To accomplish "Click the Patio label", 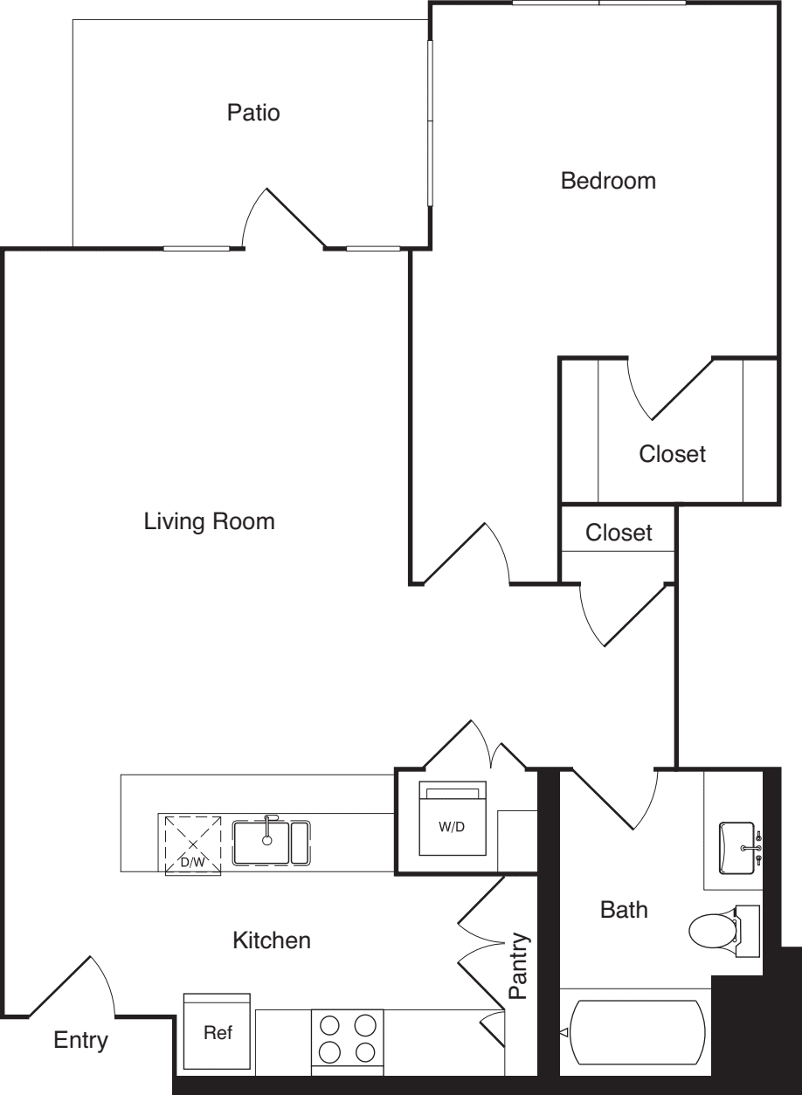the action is [x=253, y=113].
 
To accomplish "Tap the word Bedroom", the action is [x=608, y=182].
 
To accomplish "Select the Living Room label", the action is [x=210, y=521].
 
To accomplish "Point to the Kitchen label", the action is [x=272, y=940].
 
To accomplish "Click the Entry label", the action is [x=80, y=1040].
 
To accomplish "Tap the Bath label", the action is [x=624, y=910].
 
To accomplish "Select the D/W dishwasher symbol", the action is [x=193, y=845].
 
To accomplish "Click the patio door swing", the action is [x=284, y=219].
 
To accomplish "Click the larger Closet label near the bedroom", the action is [x=672, y=454].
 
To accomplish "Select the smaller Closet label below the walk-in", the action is [x=619, y=533].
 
